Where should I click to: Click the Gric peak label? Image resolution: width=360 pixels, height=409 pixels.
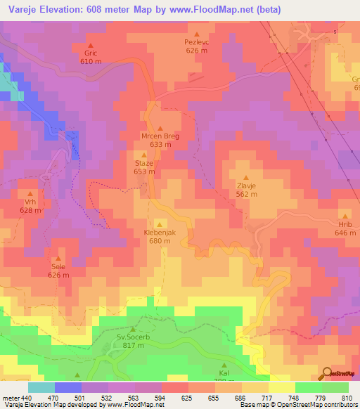(90, 53)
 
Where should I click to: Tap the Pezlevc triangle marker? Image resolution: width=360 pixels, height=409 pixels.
(197, 34)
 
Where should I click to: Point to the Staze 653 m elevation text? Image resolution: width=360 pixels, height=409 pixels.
(144, 171)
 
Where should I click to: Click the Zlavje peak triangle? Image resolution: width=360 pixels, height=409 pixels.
(246, 177)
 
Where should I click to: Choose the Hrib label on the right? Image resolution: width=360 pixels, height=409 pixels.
(345, 224)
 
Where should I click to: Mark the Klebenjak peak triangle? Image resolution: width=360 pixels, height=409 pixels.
(159, 223)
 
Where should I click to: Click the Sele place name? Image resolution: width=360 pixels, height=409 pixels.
(58, 267)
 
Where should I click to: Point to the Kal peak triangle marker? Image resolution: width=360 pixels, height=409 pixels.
(224, 364)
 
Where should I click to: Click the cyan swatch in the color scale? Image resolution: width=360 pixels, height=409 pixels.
(41, 387)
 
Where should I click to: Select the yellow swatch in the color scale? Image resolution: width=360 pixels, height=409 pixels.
(281, 387)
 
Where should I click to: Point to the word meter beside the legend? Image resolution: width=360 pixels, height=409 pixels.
(11, 397)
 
